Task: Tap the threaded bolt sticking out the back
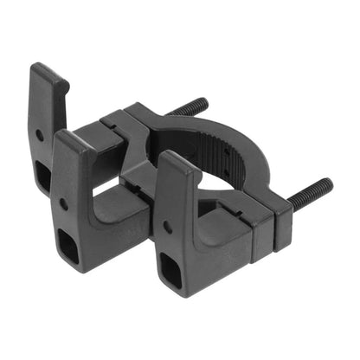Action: pyautogui.click(x=191, y=107)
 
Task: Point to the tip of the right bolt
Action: pyautogui.click(x=330, y=183)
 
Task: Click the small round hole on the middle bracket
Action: pyautogui.click(x=63, y=204)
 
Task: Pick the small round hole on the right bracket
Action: pyautogui.click(x=167, y=227)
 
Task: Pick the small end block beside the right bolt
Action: pyautogui.click(x=282, y=227)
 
